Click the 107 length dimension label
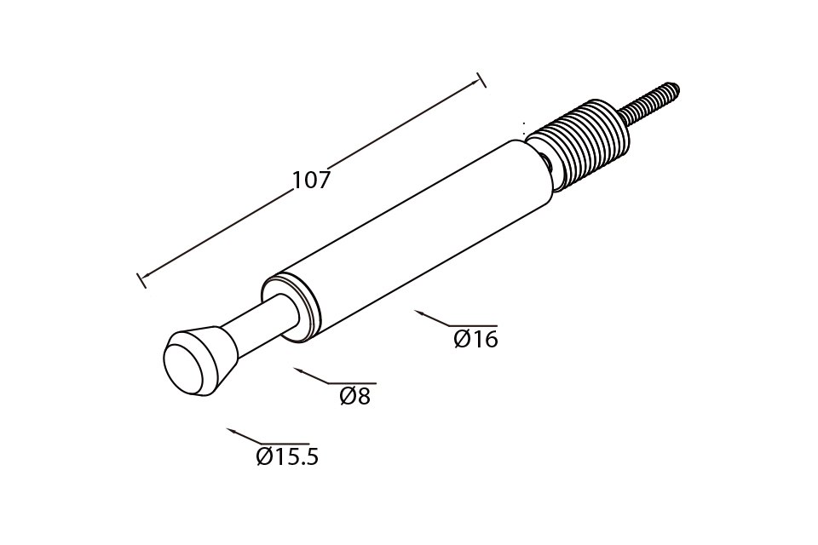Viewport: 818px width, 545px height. (x=312, y=181)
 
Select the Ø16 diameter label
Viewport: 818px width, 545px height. (x=475, y=340)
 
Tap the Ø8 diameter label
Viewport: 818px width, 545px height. (x=354, y=397)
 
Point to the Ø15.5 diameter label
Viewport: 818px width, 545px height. (x=287, y=456)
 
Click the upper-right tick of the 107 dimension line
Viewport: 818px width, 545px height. (x=481, y=80)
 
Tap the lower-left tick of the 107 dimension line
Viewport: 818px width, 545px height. (x=141, y=280)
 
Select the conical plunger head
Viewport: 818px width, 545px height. (x=201, y=361)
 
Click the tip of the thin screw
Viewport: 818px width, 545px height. (x=676, y=84)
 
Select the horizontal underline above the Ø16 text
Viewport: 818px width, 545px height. (x=473, y=326)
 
